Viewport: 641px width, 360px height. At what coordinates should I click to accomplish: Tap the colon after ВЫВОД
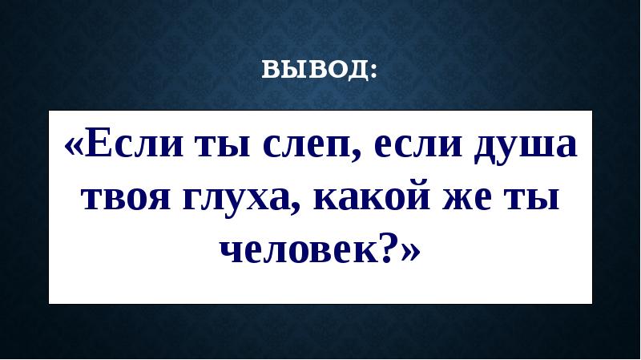pos(374,73)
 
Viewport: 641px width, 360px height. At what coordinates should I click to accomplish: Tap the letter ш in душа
pos(541,149)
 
